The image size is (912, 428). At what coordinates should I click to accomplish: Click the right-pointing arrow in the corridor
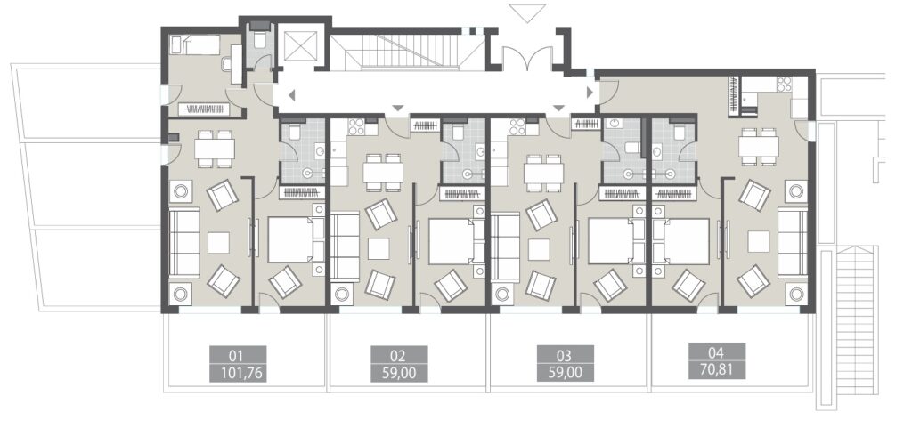[x=588, y=92]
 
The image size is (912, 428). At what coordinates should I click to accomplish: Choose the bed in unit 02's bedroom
[x=457, y=240]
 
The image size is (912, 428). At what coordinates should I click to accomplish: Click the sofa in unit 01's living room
[x=185, y=243]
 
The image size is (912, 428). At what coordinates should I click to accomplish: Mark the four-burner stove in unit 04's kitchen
[x=785, y=85]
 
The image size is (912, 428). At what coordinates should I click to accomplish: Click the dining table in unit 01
[x=214, y=148]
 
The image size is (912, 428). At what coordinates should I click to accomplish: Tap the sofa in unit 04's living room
[x=792, y=242]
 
